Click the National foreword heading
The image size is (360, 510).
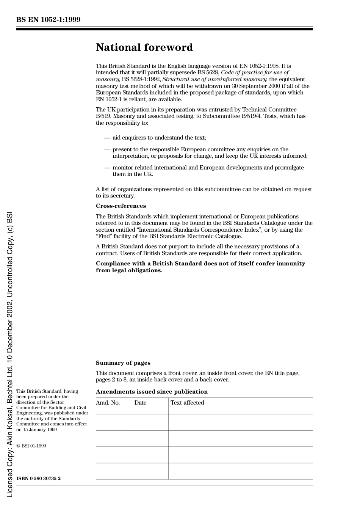pos(144,47)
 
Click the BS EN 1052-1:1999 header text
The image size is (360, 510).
pos(48,20)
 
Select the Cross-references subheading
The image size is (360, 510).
pos(121,206)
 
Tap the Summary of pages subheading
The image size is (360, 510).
pos(123,363)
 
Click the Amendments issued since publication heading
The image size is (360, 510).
pos(152,392)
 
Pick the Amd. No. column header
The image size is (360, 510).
pos(108,403)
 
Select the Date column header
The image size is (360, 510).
pos(140,403)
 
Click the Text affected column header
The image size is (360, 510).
pos(187,403)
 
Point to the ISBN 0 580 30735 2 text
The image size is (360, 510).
pos(38,479)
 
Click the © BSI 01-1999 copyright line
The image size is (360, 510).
pos(31,446)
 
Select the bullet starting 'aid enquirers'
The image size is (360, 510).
pos(159,138)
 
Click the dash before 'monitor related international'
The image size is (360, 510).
pos(107,168)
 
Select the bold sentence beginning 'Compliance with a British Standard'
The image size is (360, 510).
pos(200,267)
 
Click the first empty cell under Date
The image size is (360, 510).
pos(150,422)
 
